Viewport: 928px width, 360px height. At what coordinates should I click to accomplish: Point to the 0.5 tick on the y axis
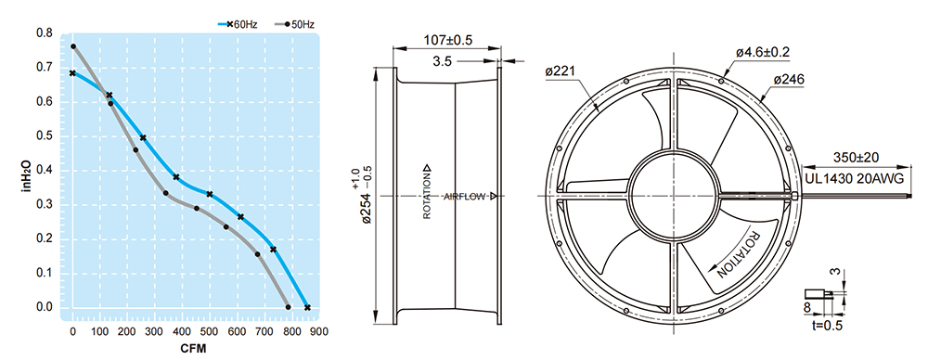point(45,136)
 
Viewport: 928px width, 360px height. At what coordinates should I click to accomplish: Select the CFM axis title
point(194,349)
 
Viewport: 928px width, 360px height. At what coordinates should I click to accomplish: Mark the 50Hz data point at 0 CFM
point(73,46)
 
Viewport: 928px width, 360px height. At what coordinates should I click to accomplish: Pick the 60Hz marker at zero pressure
point(307,307)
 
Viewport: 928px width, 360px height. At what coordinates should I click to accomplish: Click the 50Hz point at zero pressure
point(289,307)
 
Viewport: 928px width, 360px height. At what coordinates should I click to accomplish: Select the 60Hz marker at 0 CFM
point(72,72)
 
